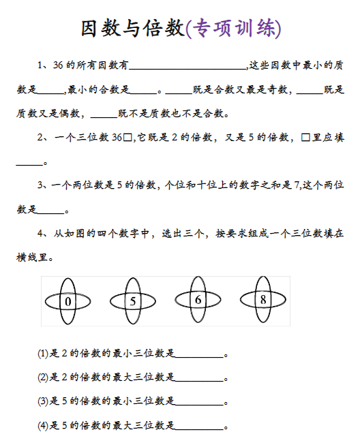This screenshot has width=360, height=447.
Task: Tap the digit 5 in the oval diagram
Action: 133,300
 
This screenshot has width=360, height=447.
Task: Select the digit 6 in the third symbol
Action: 198,300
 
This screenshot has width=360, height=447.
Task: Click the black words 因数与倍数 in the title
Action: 132,28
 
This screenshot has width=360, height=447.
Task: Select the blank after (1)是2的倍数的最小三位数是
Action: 200,354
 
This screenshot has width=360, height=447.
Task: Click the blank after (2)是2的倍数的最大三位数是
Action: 200,377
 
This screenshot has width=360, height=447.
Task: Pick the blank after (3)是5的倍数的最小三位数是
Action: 200,401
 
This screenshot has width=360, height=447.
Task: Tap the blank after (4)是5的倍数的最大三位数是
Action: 200,426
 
